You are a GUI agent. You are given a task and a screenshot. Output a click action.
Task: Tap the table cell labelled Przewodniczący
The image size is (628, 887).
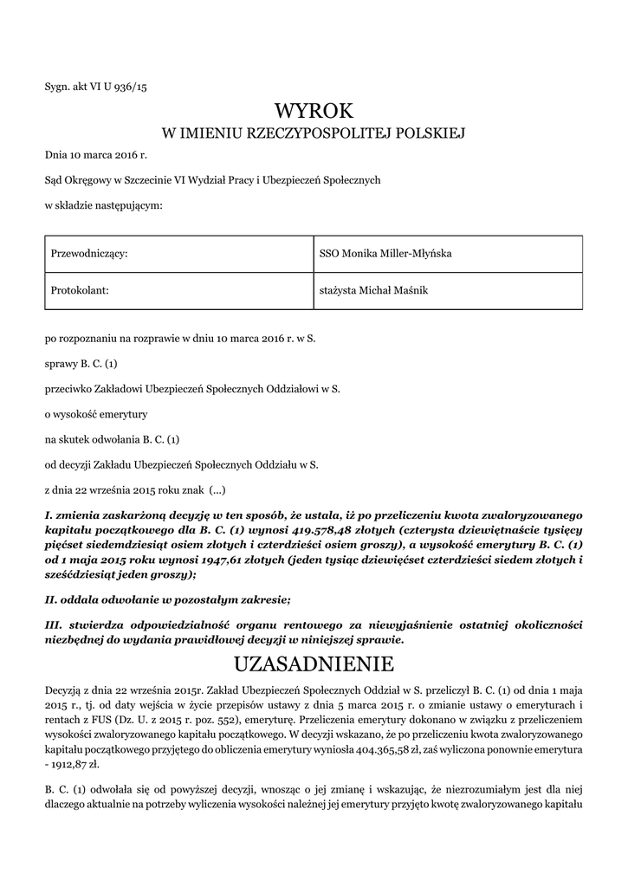point(89,253)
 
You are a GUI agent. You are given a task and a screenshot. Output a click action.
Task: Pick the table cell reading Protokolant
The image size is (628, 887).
point(80,291)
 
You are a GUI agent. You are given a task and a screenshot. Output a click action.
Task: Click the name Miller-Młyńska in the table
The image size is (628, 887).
point(410,253)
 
